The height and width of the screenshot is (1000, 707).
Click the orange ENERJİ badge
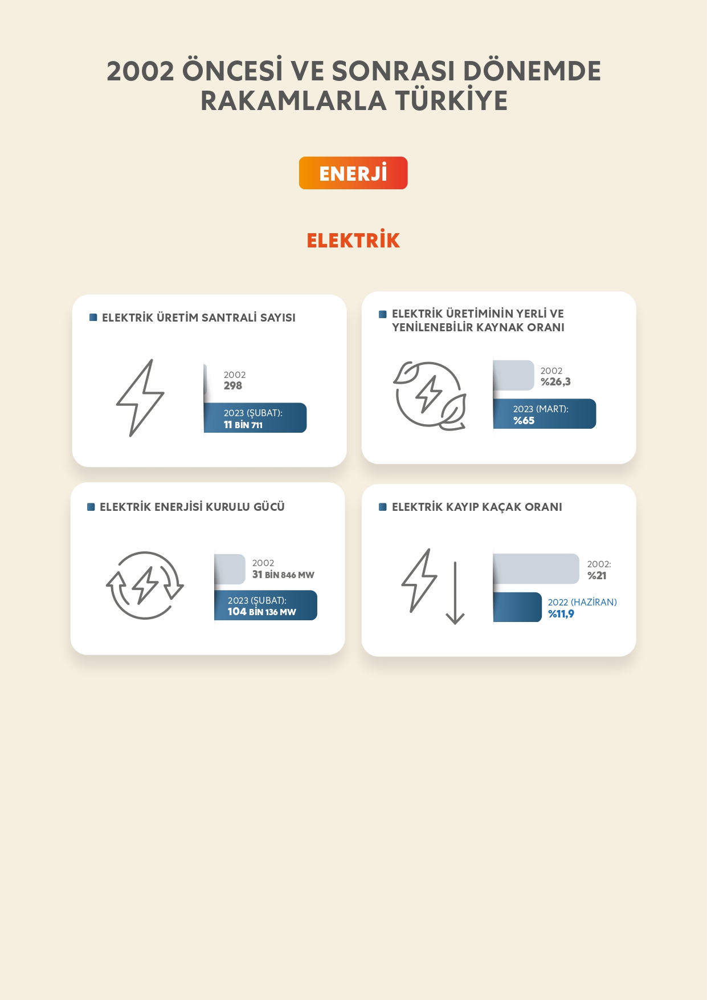pos(353,173)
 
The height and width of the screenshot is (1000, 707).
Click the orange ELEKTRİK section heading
pos(353,240)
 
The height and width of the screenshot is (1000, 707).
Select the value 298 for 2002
pos(233,386)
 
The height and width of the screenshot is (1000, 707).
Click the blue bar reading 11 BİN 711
pos(255,418)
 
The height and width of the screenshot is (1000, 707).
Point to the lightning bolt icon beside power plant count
pos(140,398)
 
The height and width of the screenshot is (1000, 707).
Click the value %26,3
pos(555,382)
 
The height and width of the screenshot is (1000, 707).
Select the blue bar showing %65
pos(545,414)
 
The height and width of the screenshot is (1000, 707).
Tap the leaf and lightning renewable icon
pos(430,395)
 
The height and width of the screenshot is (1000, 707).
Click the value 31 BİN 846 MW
pos(283,575)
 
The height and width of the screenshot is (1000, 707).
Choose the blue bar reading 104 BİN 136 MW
pos(265,605)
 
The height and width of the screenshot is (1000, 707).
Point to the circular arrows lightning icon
pos(145,586)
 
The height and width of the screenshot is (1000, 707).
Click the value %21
pos(597,576)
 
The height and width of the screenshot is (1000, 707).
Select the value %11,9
pos(561,614)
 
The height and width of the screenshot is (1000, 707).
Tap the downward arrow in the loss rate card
pos(455,593)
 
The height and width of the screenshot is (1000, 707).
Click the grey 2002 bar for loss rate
pos(536,569)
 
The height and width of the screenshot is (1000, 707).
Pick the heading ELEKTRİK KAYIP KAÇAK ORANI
pos(477,507)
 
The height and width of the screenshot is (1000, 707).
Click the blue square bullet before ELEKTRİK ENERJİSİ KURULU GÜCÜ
pos(91,507)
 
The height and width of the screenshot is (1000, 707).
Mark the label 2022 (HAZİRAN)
pos(582,603)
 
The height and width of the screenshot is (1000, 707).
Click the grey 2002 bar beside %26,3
pos(514,375)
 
